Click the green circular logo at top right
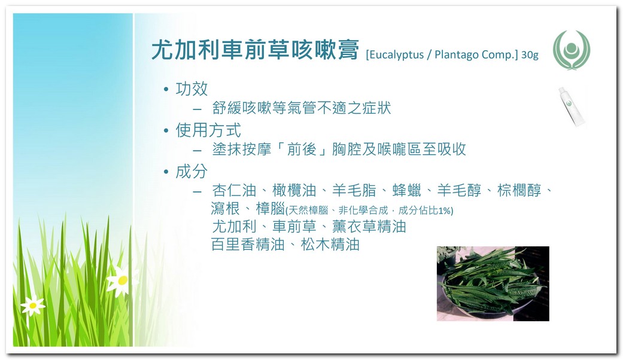click(572, 50)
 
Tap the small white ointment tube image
click(572, 106)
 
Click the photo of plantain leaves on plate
click(493, 283)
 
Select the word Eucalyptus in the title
click(396, 55)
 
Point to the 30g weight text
click(530, 54)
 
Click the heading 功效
click(192, 89)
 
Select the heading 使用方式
click(208, 130)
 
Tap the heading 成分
click(192, 172)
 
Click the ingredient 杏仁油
click(234, 191)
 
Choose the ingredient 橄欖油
click(294, 191)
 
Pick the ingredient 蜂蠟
click(406, 191)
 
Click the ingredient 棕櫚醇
click(519, 191)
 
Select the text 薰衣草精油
click(369, 227)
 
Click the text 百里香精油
click(248, 245)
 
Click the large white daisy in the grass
click(123, 280)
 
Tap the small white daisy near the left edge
click(33, 305)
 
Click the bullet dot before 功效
click(166, 89)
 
